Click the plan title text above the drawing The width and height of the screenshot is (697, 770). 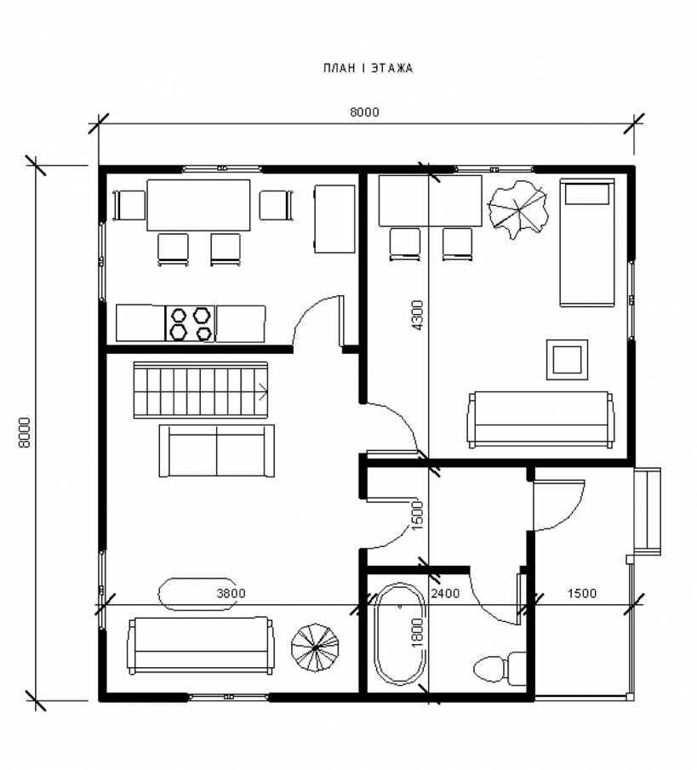pyautogui.click(x=368, y=68)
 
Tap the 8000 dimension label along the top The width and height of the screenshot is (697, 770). pyautogui.click(x=364, y=112)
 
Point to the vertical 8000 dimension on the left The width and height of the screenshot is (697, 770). pyautogui.click(x=24, y=432)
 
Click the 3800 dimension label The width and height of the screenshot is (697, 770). pyautogui.click(x=231, y=593)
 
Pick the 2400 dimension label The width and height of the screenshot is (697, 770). pyautogui.click(x=445, y=593)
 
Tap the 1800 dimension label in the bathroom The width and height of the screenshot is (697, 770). pyautogui.click(x=416, y=632)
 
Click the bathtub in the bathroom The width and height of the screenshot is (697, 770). pyautogui.click(x=399, y=635)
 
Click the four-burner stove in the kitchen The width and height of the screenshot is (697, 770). pyautogui.click(x=191, y=323)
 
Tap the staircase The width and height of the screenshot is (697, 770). pyautogui.click(x=201, y=391)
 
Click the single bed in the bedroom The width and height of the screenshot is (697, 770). pyautogui.click(x=587, y=242)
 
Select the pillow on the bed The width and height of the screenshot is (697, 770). pyautogui.click(x=587, y=194)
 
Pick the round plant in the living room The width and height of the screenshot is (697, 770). pyautogui.click(x=315, y=649)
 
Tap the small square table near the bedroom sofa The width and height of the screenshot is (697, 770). pyautogui.click(x=568, y=359)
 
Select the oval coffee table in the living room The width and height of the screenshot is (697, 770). pyautogui.click(x=196, y=594)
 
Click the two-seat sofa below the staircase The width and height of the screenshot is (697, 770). pyautogui.click(x=217, y=451)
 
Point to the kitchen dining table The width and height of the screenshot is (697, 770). pyautogui.click(x=198, y=205)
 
